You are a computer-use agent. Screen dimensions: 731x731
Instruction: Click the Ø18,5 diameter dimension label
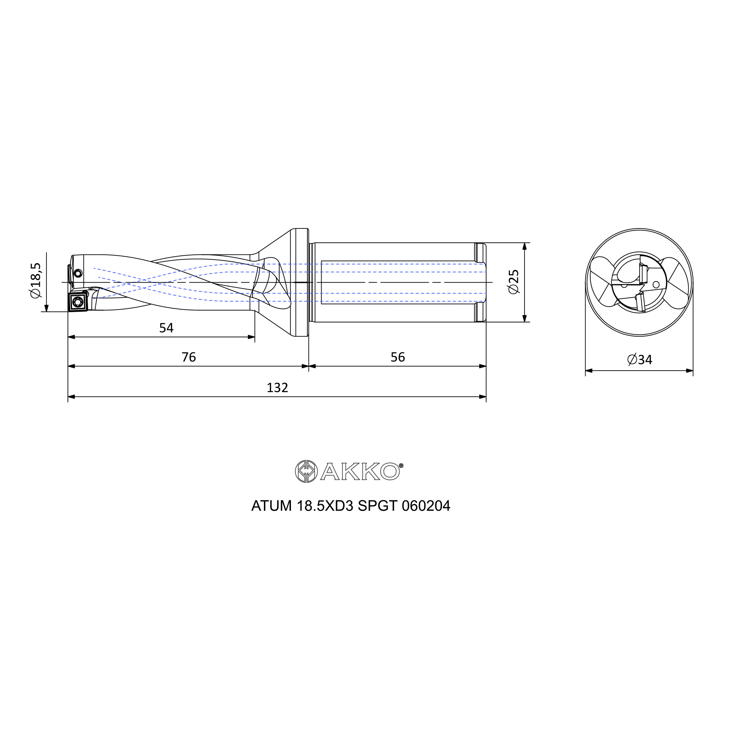pyautogui.click(x=35, y=280)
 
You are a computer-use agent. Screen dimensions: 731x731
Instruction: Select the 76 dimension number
pyautogui.click(x=189, y=357)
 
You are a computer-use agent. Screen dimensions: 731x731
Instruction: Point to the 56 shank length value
pyautogui.click(x=398, y=357)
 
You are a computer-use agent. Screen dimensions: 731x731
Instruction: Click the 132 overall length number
pyautogui.click(x=277, y=388)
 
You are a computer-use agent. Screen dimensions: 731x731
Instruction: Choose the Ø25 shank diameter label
pyautogui.click(x=514, y=282)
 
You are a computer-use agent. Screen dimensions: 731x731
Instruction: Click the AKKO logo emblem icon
pyautogui.click(x=306, y=471)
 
